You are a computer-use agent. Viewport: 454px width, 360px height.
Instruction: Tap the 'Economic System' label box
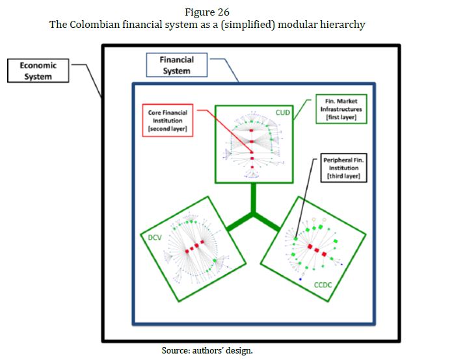38,71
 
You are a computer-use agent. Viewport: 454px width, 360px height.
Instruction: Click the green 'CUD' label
283,112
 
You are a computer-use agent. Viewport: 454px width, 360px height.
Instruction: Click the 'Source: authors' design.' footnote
207,350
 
